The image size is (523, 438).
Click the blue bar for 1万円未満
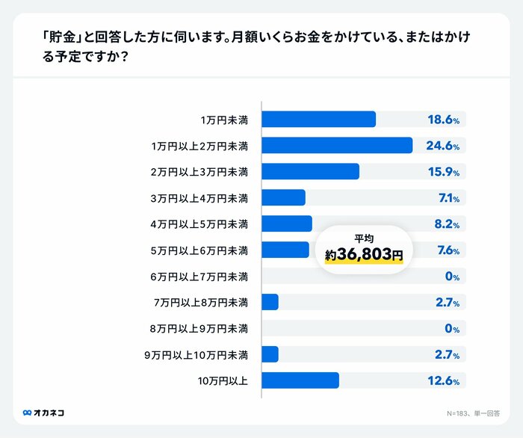pyautogui.click(x=318, y=120)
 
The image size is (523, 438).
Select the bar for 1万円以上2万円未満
pyautogui.click(x=337, y=146)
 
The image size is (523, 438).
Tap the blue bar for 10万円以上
pyautogui.click(x=300, y=380)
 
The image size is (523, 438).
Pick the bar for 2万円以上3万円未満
pyautogui.click(x=310, y=172)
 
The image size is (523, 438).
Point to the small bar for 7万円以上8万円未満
pyautogui.click(x=270, y=302)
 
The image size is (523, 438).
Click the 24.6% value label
pyautogui.click(x=442, y=146)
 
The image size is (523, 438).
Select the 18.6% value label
pyautogui.click(x=442, y=120)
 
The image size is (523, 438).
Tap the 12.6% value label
pyautogui.click(x=442, y=380)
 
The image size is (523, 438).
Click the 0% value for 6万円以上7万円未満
pyautogui.click(x=451, y=277)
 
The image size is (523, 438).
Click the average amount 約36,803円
pyautogui.click(x=364, y=255)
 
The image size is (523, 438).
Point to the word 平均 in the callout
pyautogui.click(x=364, y=238)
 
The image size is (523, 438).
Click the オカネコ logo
pyautogui.click(x=43, y=412)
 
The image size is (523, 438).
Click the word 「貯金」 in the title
pyautogui.click(x=57, y=36)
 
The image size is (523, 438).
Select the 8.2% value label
pyautogui.click(x=446, y=224)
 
